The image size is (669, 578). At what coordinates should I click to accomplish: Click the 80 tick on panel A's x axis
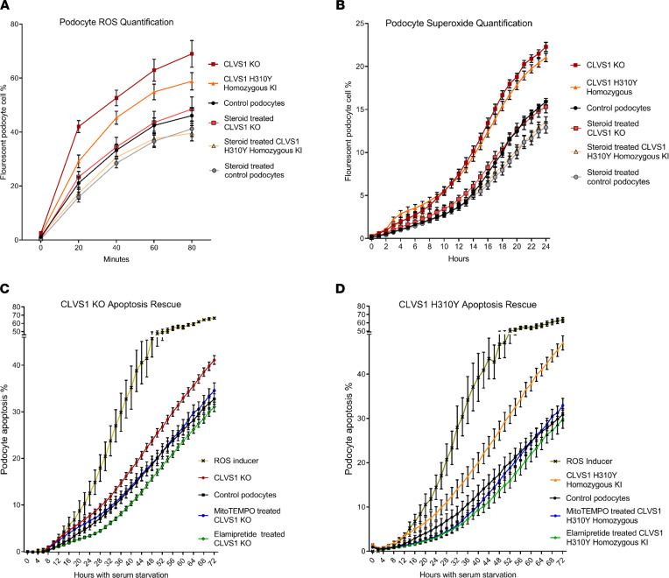pyautogui.click(x=191, y=247)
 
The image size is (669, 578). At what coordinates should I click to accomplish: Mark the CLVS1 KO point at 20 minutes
pyautogui.click(x=78, y=128)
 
